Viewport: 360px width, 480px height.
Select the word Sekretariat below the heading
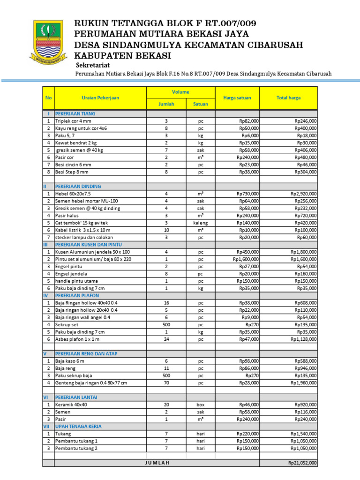94,65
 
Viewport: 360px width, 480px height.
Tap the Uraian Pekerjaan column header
100,98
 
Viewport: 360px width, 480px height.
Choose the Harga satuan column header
237,98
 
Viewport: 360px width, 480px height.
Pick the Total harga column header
289,98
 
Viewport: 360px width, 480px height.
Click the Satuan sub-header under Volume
201,104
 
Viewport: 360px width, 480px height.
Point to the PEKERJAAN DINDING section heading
78,186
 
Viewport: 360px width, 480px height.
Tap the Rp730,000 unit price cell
248,194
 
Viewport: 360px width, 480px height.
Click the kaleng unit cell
201,223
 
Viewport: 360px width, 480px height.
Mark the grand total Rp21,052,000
302,463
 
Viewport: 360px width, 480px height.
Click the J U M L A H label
157,463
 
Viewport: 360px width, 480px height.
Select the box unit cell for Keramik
201,404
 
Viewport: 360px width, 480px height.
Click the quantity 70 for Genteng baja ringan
166,382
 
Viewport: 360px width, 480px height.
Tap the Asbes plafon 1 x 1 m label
77,339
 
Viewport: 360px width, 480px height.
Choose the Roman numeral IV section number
46,295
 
